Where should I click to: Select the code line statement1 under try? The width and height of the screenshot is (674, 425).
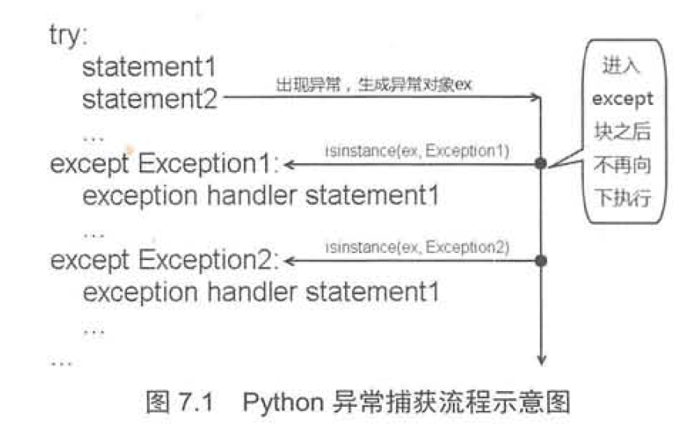pyautogui.click(x=149, y=69)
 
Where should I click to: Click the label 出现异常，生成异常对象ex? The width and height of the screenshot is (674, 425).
pyautogui.click(x=373, y=84)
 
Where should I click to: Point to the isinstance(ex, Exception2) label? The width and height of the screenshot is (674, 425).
pyautogui.click(x=417, y=247)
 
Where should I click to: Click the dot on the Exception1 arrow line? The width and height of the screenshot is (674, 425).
pyautogui.click(x=541, y=164)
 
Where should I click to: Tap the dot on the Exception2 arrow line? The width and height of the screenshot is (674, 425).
pyautogui.click(x=541, y=260)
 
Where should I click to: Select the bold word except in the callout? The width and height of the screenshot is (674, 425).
pyautogui.click(x=623, y=99)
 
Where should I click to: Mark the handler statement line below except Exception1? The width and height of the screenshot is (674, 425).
pyautogui.click(x=260, y=196)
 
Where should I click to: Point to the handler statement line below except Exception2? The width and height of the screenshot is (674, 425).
pyautogui.click(x=260, y=293)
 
